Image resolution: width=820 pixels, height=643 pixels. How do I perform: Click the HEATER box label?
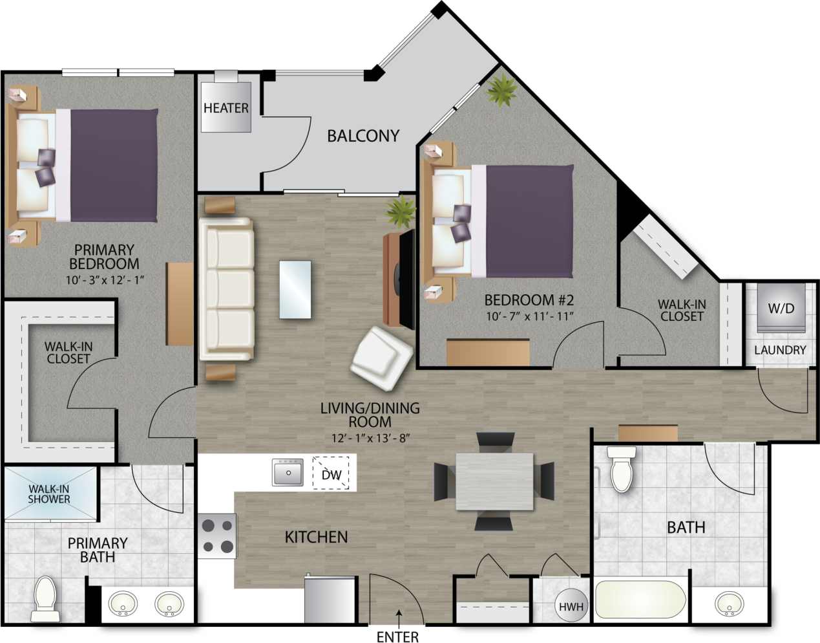point(226,107)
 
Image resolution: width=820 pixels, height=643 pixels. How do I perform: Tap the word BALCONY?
point(363,136)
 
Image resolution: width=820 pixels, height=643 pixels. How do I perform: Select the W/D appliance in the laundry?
point(781,309)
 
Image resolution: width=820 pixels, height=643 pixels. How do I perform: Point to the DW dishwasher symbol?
point(331,474)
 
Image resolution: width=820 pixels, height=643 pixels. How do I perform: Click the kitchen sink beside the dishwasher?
point(288,472)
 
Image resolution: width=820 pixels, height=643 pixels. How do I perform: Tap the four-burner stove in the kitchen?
point(217,536)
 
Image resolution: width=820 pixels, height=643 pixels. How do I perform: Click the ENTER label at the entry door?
point(397,637)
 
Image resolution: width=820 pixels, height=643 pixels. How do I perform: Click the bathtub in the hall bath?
point(640,600)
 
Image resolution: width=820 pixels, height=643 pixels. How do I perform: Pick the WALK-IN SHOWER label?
point(49,494)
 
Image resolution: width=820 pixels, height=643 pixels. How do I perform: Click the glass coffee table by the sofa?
point(295,289)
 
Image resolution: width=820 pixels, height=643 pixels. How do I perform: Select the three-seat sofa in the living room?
point(226,289)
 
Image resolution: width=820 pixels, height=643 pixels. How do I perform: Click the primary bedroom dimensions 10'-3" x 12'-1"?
point(104,279)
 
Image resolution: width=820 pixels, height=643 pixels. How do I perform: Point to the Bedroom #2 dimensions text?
point(529,316)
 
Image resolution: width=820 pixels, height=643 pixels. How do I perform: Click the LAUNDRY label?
point(781,350)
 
